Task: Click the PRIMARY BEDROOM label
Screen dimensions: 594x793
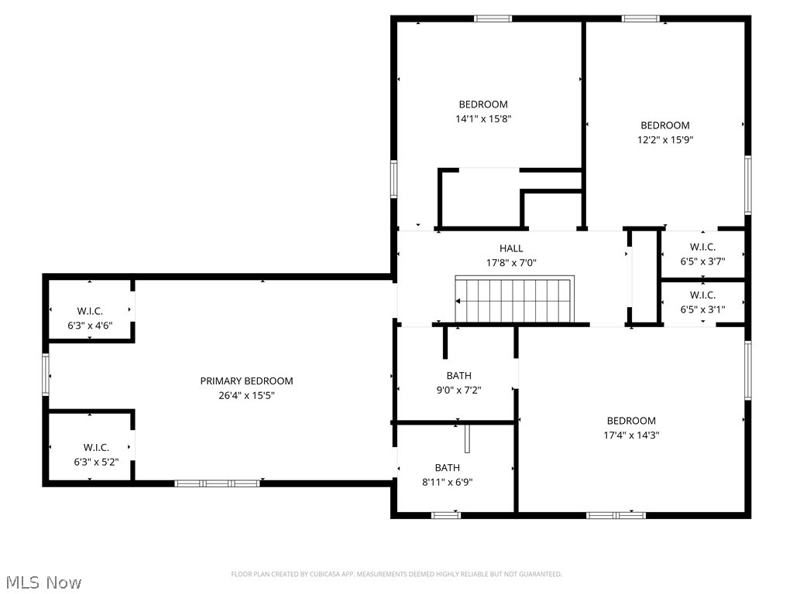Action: click(x=246, y=381)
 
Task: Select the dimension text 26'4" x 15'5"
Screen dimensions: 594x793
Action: click(x=246, y=395)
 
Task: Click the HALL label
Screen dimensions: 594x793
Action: click(x=511, y=248)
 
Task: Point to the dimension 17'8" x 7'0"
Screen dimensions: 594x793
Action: click(x=511, y=263)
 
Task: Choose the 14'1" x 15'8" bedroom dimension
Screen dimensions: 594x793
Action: click(x=483, y=119)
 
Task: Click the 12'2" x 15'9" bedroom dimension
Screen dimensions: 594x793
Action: click(x=664, y=140)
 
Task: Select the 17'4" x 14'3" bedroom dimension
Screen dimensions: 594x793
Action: click(x=631, y=435)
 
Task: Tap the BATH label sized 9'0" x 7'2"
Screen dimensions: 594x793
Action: click(x=458, y=376)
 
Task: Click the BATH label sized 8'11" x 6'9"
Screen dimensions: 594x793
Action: click(x=447, y=467)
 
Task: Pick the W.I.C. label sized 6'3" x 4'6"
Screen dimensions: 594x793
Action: click(x=90, y=311)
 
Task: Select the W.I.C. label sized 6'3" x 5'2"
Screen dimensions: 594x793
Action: click(x=96, y=447)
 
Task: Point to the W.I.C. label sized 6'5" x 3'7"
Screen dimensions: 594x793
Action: click(x=702, y=247)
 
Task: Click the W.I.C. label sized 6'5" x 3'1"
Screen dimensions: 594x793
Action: click(x=702, y=295)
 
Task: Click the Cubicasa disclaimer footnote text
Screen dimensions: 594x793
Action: click(x=396, y=574)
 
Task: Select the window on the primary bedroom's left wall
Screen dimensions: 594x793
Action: click(x=46, y=374)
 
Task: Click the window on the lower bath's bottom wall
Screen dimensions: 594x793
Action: click(x=445, y=515)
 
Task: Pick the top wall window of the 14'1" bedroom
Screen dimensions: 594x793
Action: click(x=493, y=18)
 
